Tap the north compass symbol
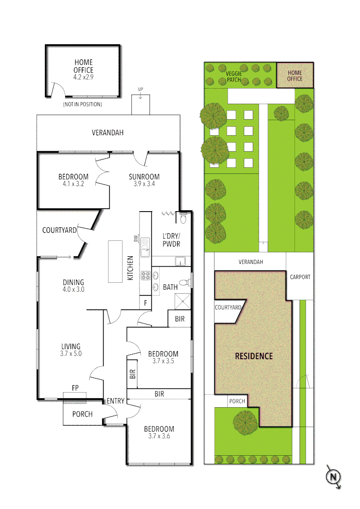334,476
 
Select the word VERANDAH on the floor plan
107,132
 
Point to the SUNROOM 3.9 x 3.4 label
144,180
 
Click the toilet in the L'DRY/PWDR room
183,219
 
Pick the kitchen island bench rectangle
115,262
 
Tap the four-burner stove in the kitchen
145,276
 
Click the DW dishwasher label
136,239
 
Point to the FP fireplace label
75,388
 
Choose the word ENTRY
115,401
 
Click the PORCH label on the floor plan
82,414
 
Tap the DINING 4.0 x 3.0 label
74,286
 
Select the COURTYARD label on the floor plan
59,230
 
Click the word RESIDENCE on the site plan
254,356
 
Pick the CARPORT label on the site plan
300,277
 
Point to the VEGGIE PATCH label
234,76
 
